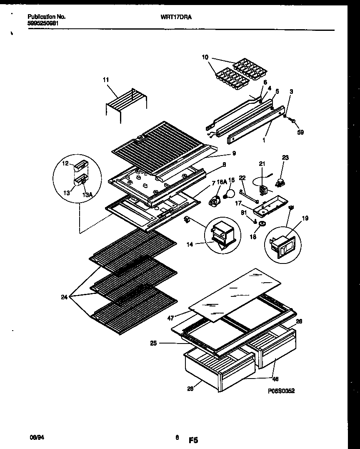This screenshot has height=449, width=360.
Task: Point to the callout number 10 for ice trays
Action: pos(204,57)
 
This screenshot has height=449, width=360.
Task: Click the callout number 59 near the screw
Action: pos(300,133)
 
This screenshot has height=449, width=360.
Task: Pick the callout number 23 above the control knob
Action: pos(285,158)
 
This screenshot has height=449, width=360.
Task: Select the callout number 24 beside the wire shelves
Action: pos(63,297)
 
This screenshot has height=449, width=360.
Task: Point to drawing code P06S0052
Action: pos(281,391)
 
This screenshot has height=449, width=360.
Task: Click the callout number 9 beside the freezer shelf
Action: pos(234,153)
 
